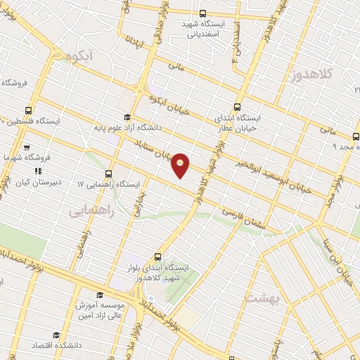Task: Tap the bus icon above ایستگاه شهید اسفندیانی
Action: pos(203,13)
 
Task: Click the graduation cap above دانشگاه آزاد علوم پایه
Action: pos(127,117)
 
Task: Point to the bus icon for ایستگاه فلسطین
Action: pos(29,110)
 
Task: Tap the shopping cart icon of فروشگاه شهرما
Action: pos(26,148)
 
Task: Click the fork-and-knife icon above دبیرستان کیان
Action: pos(39,170)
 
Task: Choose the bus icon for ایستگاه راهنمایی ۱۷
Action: pos(108,174)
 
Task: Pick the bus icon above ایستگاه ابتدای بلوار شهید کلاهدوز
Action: pos(157,257)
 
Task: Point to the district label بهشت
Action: pos(262,298)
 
